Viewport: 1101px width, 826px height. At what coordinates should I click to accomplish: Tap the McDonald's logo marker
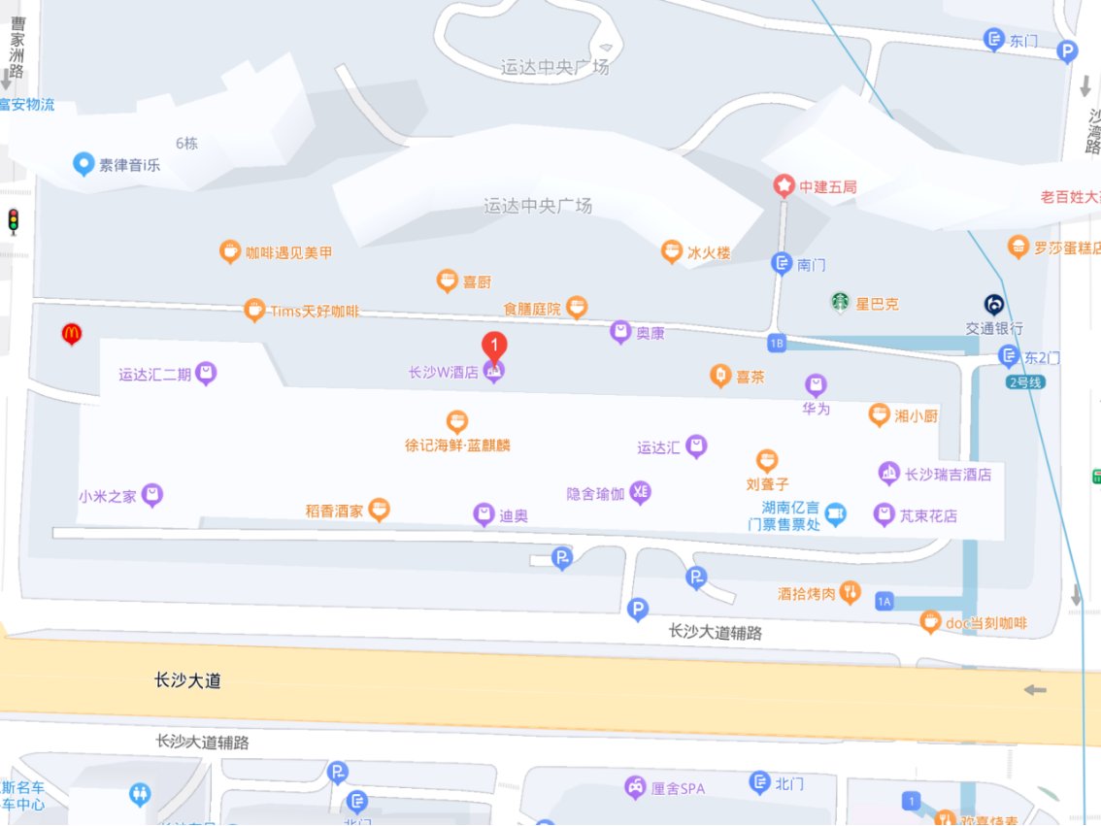71,334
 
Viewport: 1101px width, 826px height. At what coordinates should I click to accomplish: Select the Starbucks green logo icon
839,303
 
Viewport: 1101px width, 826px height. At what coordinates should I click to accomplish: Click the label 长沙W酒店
444,372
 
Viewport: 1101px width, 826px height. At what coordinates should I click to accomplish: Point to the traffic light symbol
14,221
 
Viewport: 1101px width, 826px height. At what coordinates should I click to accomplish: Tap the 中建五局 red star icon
784,185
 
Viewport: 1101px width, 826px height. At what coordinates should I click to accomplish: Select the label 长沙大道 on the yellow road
187,680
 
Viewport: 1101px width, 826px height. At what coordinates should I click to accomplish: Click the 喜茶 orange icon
719,376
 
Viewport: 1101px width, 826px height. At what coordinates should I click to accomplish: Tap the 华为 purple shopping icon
816,385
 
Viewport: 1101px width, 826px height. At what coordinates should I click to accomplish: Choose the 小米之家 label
107,496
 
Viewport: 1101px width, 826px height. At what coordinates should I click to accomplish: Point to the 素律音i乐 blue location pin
83,164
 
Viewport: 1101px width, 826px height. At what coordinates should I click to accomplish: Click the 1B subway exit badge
775,343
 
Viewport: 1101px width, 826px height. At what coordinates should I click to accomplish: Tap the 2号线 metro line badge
1025,381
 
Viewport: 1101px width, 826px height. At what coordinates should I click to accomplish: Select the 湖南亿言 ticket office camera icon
835,514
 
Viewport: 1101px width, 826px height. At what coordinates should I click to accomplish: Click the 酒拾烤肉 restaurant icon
851,592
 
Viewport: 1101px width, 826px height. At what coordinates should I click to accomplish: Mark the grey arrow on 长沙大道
1035,690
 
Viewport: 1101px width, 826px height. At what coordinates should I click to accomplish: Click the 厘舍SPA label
678,788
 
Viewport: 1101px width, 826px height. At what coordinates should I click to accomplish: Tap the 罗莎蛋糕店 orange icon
1018,246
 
